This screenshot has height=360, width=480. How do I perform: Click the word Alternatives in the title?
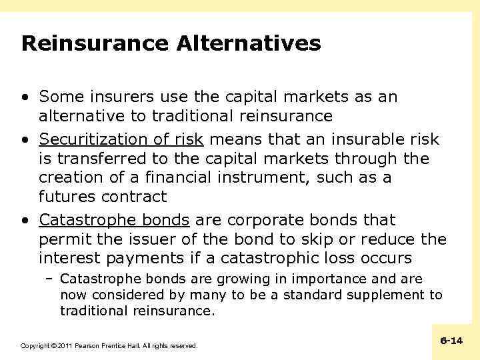pos(249,44)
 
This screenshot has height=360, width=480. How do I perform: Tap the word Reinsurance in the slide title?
pos(95,44)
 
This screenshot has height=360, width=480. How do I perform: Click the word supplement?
pos(387,295)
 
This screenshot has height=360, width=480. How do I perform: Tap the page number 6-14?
pos(451,341)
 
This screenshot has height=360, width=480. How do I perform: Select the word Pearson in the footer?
pos(89,346)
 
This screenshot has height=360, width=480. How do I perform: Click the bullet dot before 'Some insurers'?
pos(25,97)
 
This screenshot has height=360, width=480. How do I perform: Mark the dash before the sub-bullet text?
pos(50,279)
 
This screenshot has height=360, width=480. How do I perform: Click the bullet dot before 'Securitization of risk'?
pos(25,139)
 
